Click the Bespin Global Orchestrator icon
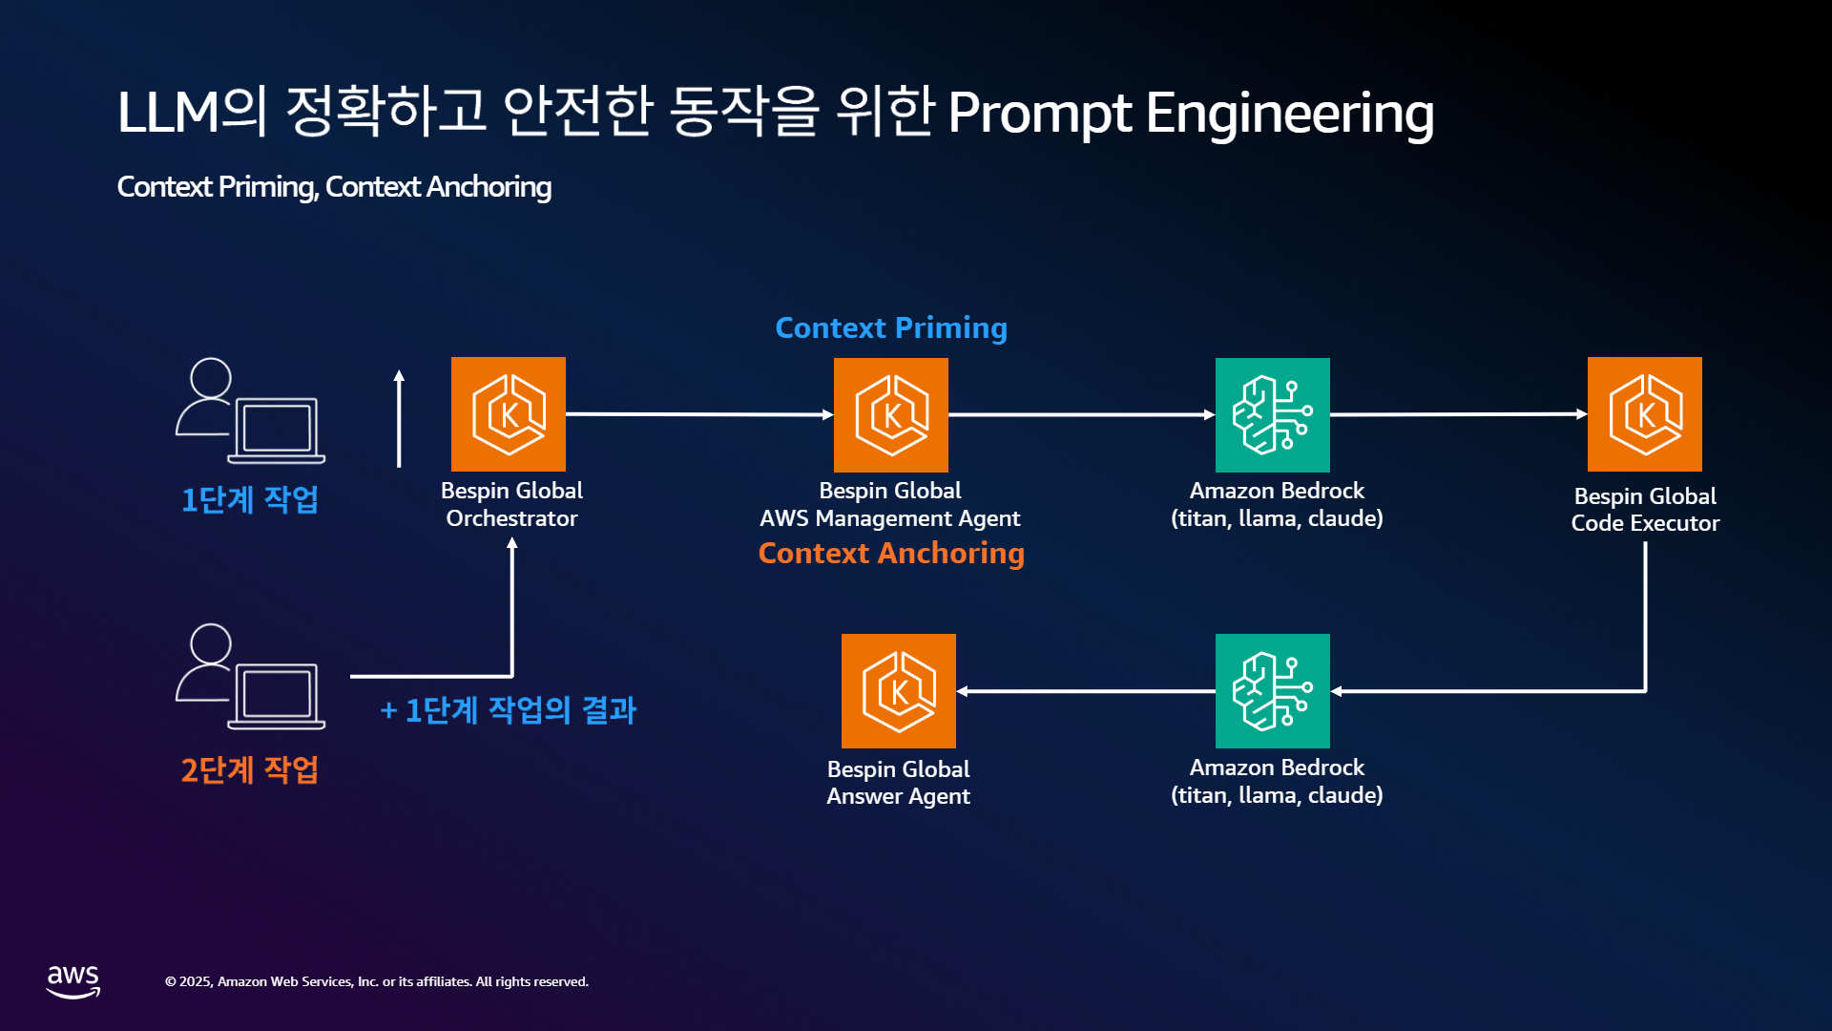[509, 414]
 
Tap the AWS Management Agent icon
[891, 415]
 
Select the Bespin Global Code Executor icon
[1645, 414]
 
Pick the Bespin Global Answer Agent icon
[899, 691]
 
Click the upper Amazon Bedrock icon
[1273, 415]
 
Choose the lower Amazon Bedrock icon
[1273, 691]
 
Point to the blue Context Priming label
[891, 328]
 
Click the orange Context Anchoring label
[891, 554]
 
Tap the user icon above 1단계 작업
[250, 410]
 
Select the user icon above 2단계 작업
[250, 676]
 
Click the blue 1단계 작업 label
[250, 499]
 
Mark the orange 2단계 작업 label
[250, 769]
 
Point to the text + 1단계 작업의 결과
[508, 710]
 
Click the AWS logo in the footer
[73, 981]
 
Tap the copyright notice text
[377, 981]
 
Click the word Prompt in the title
[1040, 114]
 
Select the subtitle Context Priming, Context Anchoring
[334, 187]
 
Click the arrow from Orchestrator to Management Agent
[699, 414]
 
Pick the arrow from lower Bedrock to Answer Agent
[1086, 691]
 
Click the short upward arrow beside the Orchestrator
[399, 418]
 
